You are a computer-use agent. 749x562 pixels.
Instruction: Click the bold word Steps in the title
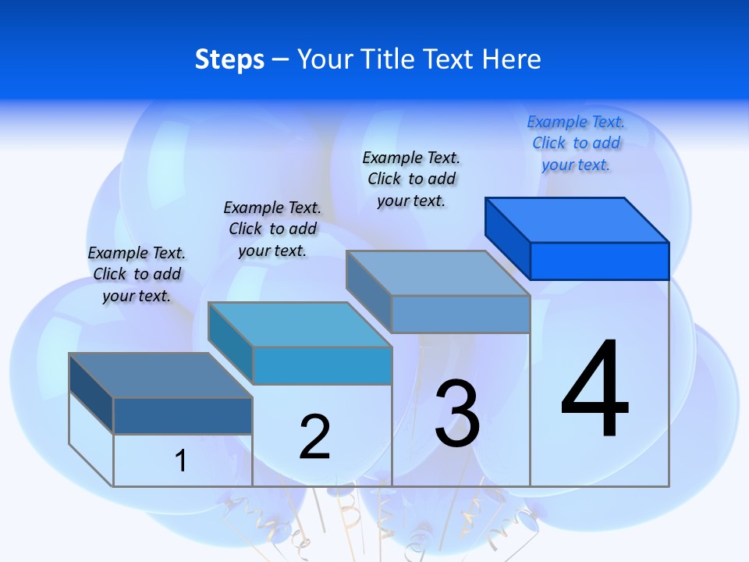click(x=229, y=59)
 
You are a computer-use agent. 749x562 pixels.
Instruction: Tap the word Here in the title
click(x=512, y=59)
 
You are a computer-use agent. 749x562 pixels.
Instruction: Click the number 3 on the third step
click(x=457, y=414)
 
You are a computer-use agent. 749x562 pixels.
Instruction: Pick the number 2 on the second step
click(x=315, y=437)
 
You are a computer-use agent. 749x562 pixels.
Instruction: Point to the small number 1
click(x=181, y=461)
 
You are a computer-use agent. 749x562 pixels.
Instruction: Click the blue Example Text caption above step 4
click(x=576, y=143)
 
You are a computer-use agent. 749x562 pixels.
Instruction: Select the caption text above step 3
click(x=411, y=179)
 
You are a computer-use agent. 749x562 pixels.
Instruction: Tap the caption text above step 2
click(x=272, y=229)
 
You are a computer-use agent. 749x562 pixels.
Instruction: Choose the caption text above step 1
click(x=137, y=274)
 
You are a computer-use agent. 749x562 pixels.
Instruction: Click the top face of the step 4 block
click(x=577, y=220)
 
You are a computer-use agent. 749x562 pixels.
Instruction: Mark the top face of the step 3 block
click(x=438, y=273)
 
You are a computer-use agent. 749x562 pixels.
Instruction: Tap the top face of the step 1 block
click(x=161, y=375)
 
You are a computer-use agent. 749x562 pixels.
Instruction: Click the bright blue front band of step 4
click(x=599, y=261)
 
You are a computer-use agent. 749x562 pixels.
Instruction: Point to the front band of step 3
click(x=460, y=314)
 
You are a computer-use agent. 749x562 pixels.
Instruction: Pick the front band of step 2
click(x=321, y=365)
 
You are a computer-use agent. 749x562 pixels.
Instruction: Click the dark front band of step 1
click(x=183, y=415)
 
